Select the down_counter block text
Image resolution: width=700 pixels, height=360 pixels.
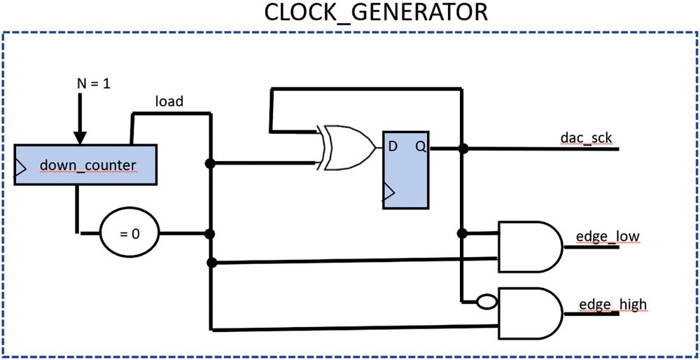click(87, 166)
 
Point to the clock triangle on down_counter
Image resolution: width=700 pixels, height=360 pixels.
click(20, 166)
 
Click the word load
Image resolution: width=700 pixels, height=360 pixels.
click(169, 102)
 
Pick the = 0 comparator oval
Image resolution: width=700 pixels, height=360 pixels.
click(129, 233)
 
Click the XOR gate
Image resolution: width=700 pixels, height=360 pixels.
click(346, 147)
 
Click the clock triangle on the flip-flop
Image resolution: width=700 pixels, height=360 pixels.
click(389, 190)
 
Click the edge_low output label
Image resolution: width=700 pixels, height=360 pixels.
click(606, 237)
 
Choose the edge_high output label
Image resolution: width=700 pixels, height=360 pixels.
click(612, 305)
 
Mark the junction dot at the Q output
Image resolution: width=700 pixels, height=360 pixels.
click(462, 148)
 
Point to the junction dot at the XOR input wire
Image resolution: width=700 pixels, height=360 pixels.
click(209, 164)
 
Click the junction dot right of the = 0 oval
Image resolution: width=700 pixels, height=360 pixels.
click(209, 233)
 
